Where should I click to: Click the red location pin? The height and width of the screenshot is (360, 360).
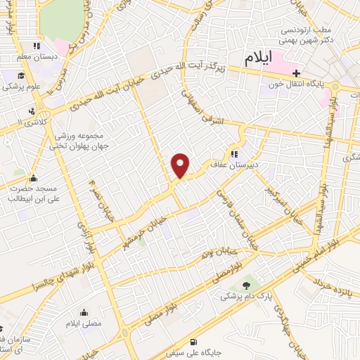(181, 165)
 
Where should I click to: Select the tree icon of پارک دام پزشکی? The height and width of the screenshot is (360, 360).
(247, 285)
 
